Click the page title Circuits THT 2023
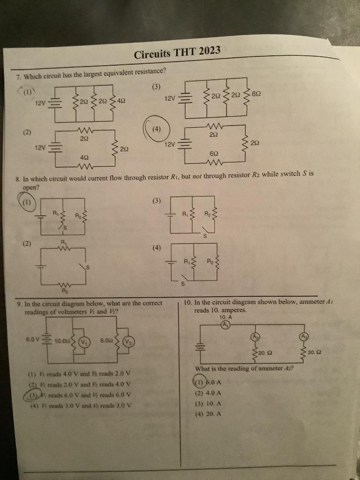[x=177, y=53]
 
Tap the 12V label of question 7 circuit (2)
[x=41, y=148]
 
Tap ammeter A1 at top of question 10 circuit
[x=225, y=324]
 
